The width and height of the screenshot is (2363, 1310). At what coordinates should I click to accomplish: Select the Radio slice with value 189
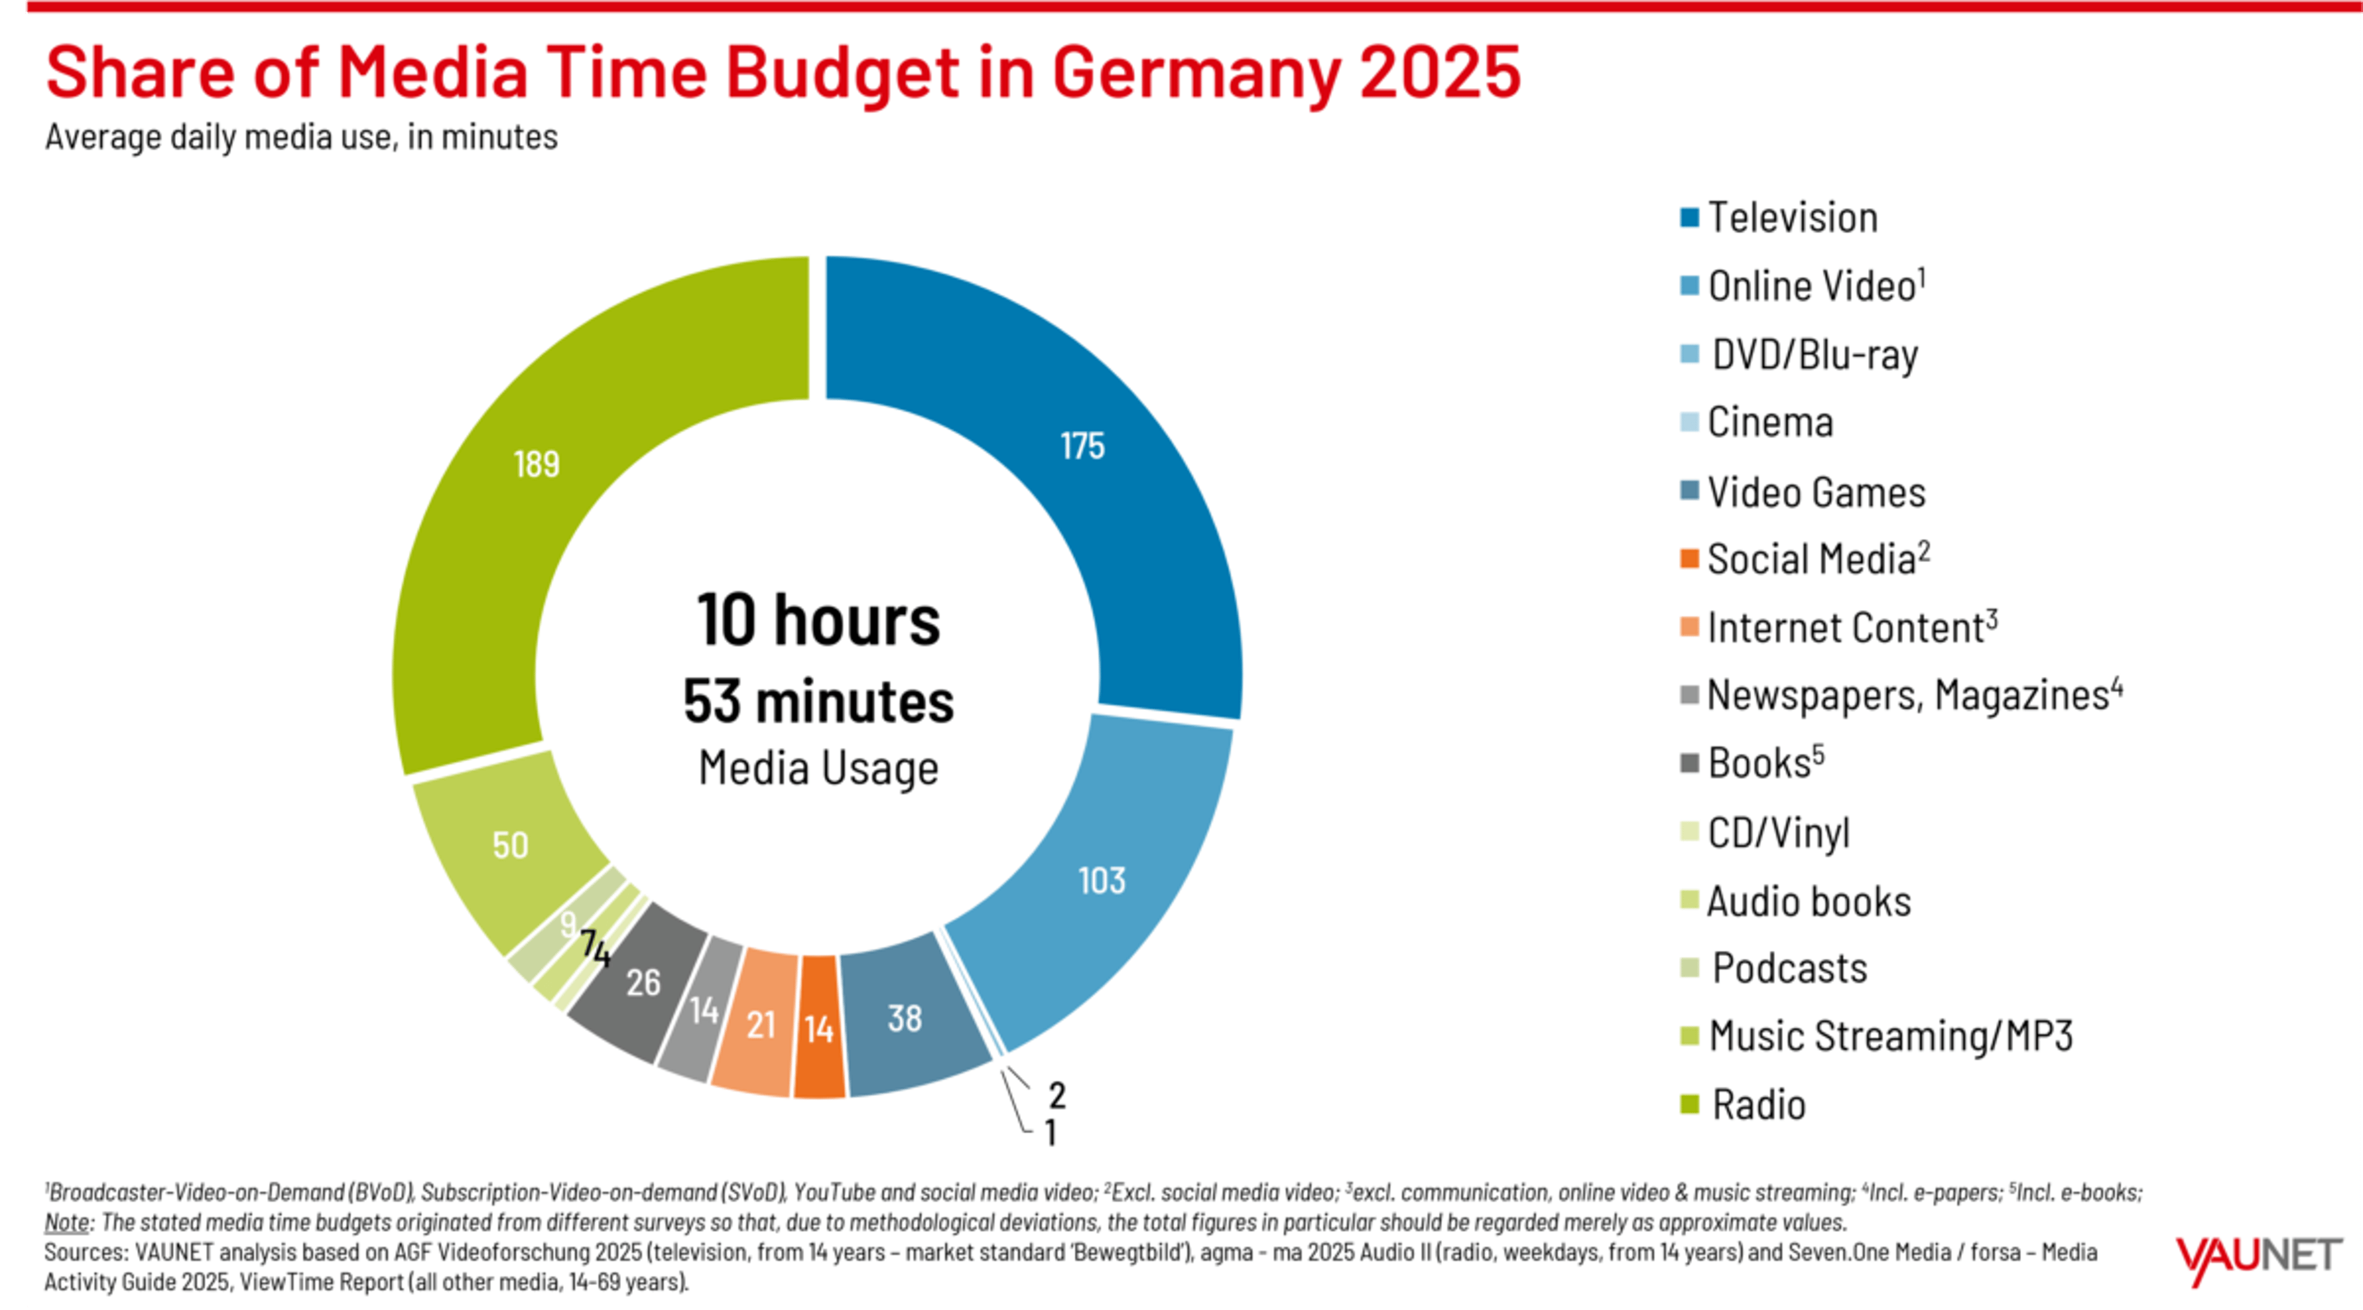[x=537, y=464]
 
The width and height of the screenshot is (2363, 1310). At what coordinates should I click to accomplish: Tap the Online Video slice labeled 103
[x=1102, y=881]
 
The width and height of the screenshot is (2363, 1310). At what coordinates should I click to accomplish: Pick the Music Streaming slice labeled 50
[x=510, y=845]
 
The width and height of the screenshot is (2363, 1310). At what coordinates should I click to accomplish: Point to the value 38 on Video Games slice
[x=905, y=1018]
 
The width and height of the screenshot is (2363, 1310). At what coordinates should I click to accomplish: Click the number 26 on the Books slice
[x=643, y=983]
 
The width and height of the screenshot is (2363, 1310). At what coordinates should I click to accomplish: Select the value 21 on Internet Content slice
[x=761, y=1026]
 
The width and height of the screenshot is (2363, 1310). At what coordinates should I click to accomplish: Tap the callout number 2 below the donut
[x=1057, y=1095]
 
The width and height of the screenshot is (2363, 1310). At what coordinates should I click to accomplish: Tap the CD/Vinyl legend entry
[x=1778, y=833]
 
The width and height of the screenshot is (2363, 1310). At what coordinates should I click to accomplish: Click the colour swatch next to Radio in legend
[x=1689, y=1104]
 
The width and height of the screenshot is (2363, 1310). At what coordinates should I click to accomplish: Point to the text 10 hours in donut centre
[x=818, y=621]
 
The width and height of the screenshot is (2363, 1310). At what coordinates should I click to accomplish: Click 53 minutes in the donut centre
[x=818, y=702]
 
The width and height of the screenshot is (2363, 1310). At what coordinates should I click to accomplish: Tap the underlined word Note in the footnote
[x=66, y=1223]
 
